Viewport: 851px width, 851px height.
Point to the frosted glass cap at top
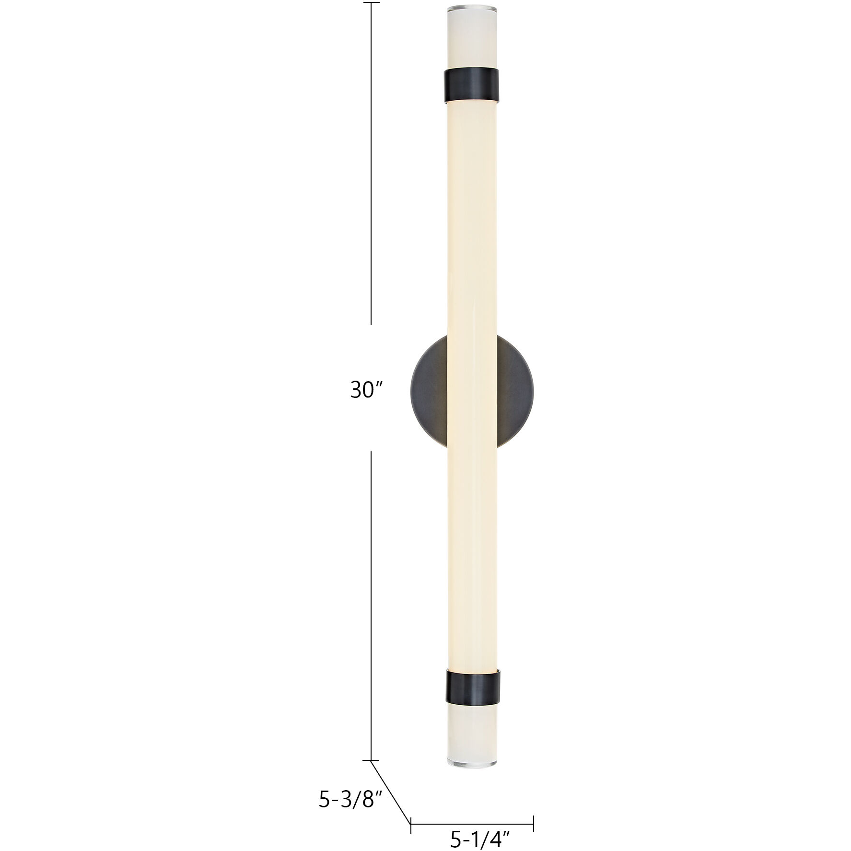[472, 40]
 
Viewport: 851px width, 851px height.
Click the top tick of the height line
[371, 2]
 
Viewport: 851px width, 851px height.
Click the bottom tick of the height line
[371, 760]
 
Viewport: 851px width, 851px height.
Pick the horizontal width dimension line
[472, 824]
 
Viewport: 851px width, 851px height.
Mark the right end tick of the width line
[534, 824]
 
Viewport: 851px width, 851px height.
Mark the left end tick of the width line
[411, 824]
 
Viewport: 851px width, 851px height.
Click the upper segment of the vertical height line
[371, 163]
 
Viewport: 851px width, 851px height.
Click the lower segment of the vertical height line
[371, 604]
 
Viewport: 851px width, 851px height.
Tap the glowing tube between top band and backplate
[472, 216]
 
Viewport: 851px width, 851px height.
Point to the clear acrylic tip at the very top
[472, 10]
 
